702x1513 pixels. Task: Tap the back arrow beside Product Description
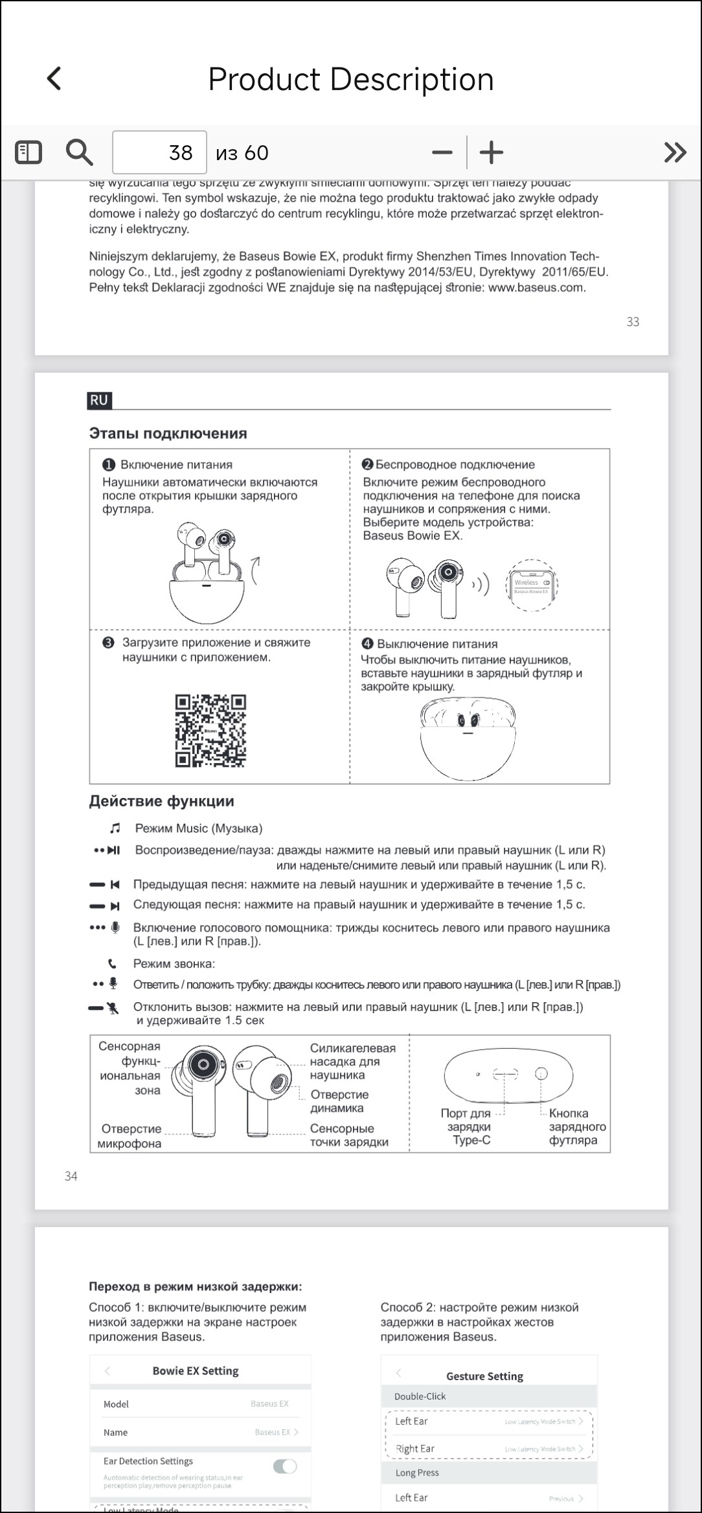(x=54, y=78)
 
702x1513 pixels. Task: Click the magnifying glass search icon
(x=79, y=152)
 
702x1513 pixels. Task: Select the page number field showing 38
(x=159, y=152)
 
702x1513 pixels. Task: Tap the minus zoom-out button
(x=442, y=153)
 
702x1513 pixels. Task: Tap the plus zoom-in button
(x=492, y=153)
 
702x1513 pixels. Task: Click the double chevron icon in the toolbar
(x=675, y=152)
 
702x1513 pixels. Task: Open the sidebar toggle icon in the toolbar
(x=28, y=152)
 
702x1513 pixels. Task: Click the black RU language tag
(x=99, y=400)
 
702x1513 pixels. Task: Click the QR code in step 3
(x=210, y=731)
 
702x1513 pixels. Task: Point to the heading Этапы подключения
(x=168, y=433)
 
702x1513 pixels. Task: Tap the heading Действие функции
(x=161, y=801)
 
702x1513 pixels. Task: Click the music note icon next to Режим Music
(x=115, y=828)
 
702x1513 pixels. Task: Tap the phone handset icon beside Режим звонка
(x=113, y=964)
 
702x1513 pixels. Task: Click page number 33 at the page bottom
(x=633, y=322)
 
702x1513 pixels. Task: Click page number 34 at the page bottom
(x=71, y=1176)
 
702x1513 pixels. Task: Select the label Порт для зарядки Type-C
(x=469, y=1127)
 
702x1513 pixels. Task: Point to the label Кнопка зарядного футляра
(x=576, y=1127)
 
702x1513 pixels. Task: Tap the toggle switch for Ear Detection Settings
(x=284, y=1466)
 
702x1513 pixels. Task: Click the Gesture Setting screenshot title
(x=484, y=1376)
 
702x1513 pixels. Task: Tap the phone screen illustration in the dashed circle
(x=532, y=585)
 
